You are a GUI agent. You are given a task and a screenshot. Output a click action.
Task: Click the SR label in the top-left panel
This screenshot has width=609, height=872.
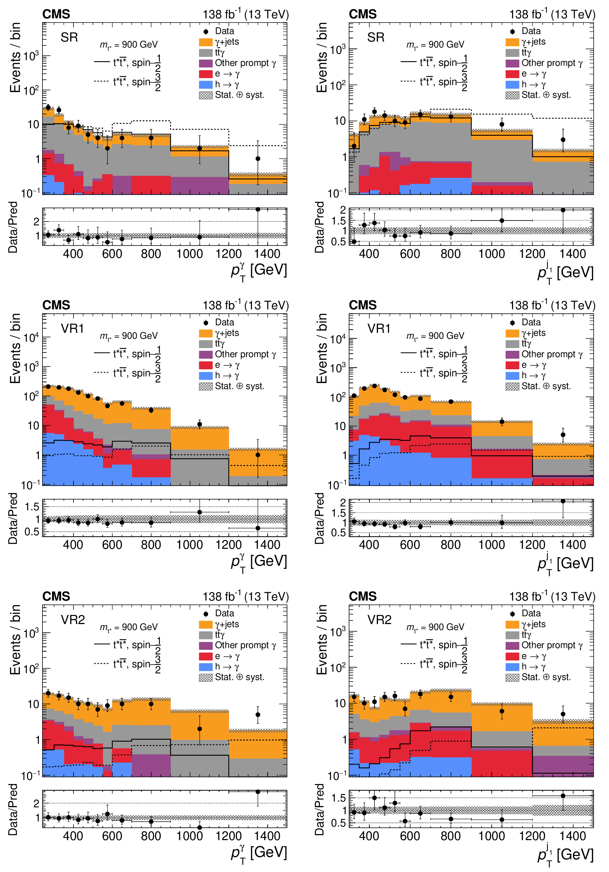point(69,37)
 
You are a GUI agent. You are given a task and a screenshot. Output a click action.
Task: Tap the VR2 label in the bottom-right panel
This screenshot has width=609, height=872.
point(379,620)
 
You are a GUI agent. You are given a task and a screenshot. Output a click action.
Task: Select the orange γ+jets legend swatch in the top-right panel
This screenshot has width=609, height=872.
point(512,42)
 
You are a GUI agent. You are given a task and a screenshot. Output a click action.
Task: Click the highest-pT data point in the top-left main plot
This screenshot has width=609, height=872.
point(258,159)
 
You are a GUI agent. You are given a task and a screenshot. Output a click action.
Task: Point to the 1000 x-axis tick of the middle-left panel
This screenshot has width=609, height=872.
point(190,545)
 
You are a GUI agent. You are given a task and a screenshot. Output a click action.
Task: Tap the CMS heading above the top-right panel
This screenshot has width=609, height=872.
point(363,14)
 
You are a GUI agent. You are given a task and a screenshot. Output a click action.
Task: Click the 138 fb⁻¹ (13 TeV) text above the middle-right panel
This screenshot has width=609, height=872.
point(552,306)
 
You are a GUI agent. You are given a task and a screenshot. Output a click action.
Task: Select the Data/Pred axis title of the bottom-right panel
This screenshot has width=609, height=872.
point(320,809)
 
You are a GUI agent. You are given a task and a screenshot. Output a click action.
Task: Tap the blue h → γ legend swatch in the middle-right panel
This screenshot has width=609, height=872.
point(512,376)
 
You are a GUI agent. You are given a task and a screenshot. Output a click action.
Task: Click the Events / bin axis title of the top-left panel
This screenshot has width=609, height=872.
point(15,57)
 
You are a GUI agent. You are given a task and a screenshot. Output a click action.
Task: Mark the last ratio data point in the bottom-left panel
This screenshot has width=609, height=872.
point(258,792)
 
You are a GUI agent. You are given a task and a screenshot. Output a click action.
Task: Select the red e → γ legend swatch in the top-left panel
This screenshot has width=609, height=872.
point(206,74)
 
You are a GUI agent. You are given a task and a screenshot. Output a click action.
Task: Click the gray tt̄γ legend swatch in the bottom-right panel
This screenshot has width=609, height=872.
point(512,635)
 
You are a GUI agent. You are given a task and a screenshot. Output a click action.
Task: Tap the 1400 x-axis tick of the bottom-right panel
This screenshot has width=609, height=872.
point(573,836)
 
